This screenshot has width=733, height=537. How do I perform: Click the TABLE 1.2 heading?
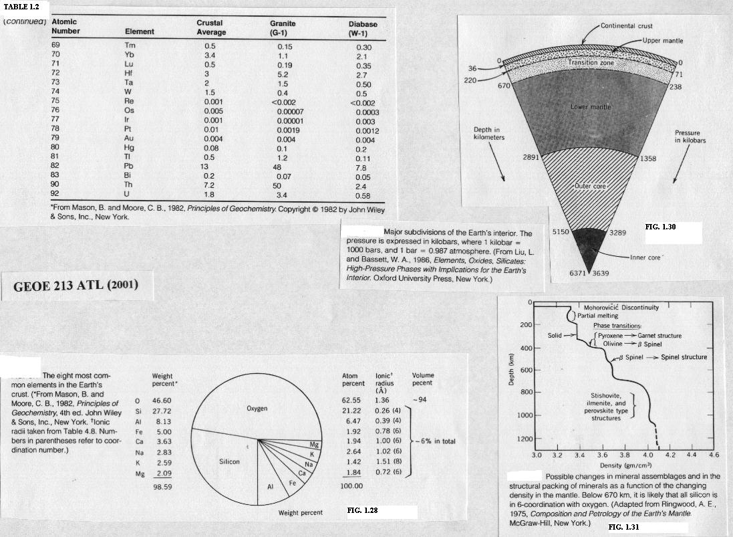tap(22, 7)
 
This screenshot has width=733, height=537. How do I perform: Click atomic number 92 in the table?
tap(56, 196)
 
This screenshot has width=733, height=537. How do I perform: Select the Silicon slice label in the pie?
tap(229, 462)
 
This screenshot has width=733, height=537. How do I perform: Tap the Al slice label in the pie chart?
tap(271, 487)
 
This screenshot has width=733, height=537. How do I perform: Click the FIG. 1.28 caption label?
tap(363, 510)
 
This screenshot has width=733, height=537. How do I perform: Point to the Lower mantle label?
tap(591, 107)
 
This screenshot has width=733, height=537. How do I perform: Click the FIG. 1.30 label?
tap(661, 227)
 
